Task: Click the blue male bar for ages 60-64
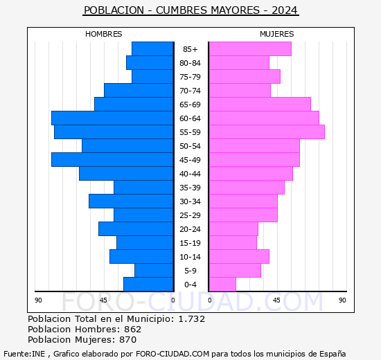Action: point(112,118)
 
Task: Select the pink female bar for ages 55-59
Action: point(267,132)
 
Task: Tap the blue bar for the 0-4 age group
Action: point(148,285)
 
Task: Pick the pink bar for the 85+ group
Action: point(250,49)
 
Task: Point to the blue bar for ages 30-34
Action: point(131,201)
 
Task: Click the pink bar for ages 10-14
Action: point(239,257)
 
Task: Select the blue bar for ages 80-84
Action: point(150,63)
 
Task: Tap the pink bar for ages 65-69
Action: point(260,105)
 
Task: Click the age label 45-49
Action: point(190,160)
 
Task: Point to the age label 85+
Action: point(190,49)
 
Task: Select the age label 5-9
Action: point(190,271)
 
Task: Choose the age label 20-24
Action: point(190,229)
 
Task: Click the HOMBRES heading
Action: point(104,34)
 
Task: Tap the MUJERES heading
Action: point(277,34)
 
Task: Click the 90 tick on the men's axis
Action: point(38,300)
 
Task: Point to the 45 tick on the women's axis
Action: point(276,300)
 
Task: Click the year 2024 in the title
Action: point(285,10)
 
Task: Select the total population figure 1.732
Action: point(192,318)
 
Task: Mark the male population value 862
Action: point(133,329)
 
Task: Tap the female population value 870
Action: point(128,340)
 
